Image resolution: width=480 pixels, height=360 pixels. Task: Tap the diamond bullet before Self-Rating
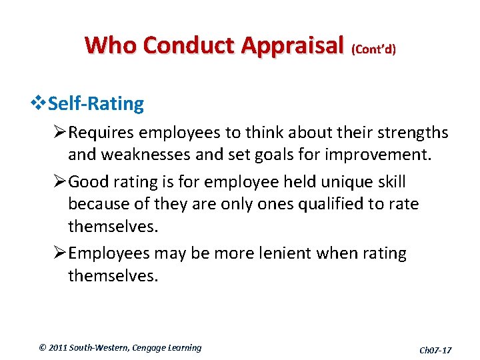tap(37, 103)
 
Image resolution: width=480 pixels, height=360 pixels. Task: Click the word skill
tap(390, 182)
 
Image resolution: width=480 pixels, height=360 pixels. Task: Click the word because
tap(97, 203)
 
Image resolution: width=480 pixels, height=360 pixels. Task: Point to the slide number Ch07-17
tap(435, 349)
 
